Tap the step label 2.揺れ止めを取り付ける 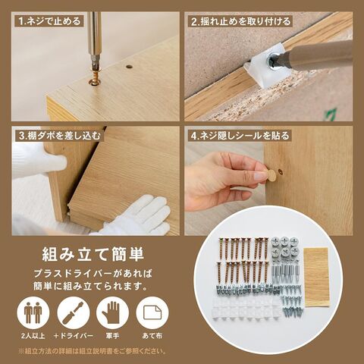click(x=240, y=21)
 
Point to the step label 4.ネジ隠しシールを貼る click(x=240, y=136)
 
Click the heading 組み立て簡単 click(x=93, y=254)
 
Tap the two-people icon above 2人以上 click(x=33, y=312)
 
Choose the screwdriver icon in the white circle click(x=74, y=312)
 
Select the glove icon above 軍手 click(x=111, y=312)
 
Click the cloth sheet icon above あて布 click(x=152, y=312)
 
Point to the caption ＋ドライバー click(x=74, y=336)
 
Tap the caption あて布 click(x=152, y=336)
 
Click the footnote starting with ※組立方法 click(x=93, y=351)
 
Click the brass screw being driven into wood click(x=95, y=76)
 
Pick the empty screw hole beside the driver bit click(x=130, y=67)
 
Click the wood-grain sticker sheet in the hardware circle click(x=317, y=278)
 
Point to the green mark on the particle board click(x=331, y=115)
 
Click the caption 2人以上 click(x=33, y=336)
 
